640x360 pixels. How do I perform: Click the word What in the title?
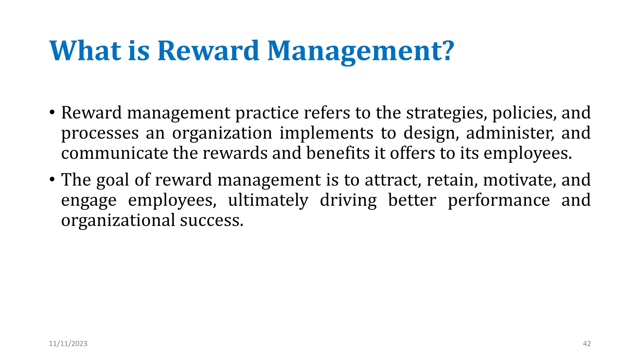85,51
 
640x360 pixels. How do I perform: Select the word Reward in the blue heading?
208,51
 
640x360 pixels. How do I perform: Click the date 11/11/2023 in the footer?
68,344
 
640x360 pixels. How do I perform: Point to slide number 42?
587,344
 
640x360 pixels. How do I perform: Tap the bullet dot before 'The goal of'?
52,179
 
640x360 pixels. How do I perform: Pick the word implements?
326,133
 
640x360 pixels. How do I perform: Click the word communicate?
114,153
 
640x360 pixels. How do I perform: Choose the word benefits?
338,153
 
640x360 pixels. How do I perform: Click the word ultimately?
268,201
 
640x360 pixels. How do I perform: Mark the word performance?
499,201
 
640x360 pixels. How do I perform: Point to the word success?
211,220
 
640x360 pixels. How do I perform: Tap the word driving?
348,201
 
